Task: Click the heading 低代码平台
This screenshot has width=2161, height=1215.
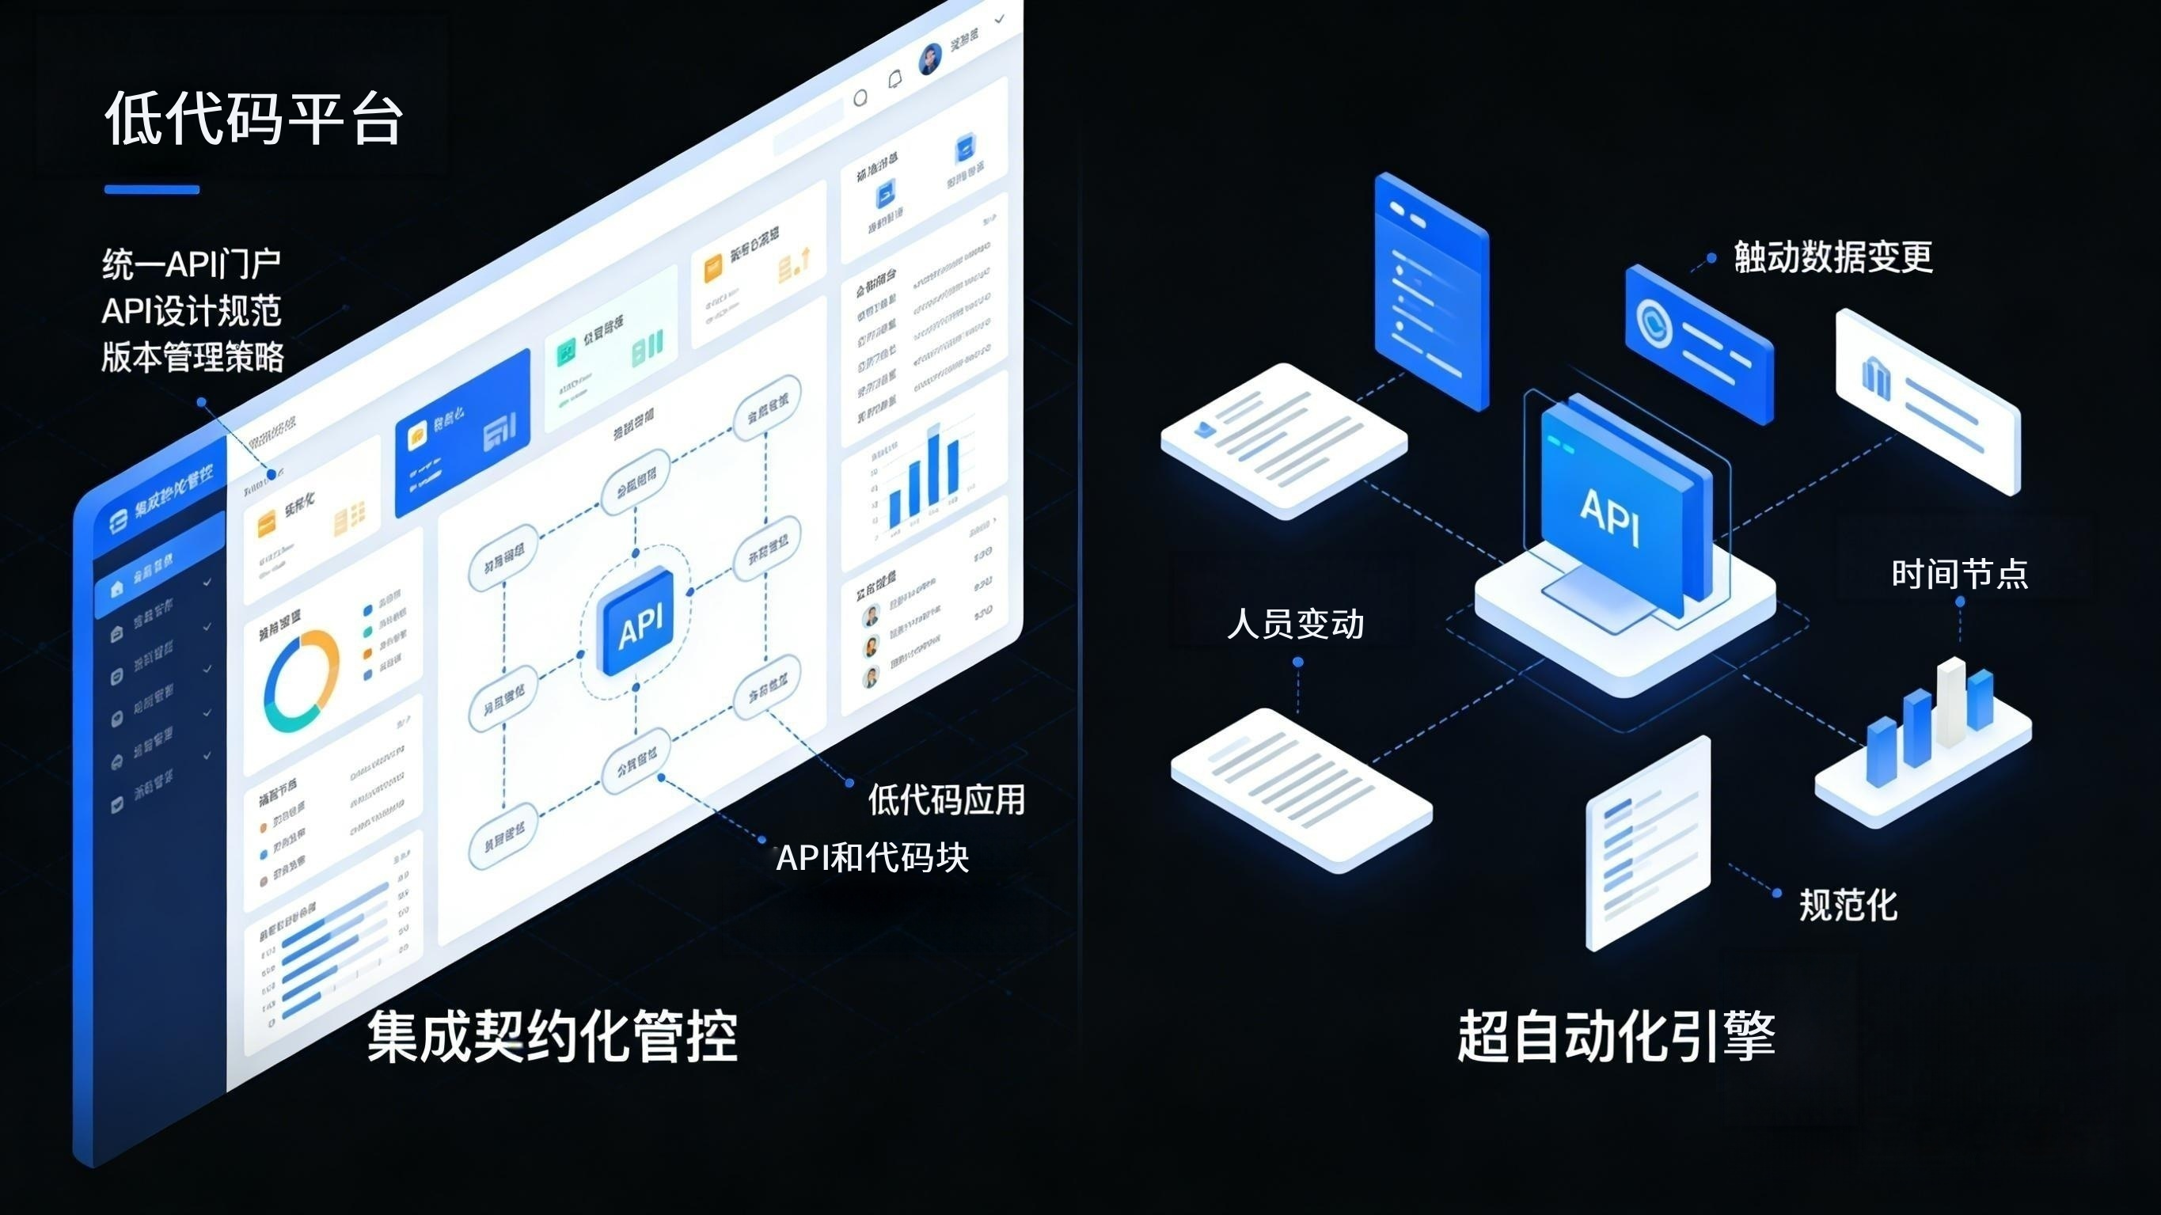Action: click(x=253, y=117)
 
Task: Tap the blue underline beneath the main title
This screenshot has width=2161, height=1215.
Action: click(x=152, y=190)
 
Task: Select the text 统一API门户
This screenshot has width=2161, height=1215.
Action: click(x=192, y=264)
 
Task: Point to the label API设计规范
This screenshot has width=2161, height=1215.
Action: click(x=192, y=311)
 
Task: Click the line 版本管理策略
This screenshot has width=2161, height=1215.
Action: click(x=193, y=358)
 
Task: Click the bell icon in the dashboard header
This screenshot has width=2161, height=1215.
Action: click(x=895, y=80)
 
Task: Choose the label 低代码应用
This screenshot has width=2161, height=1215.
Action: click(x=946, y=799)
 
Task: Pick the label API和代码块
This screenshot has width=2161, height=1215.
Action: click(x=872, y=857)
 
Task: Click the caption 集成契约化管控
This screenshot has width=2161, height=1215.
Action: click(x=552, y=1036)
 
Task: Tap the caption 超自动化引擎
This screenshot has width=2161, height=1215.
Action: click(x=1616, y=1036)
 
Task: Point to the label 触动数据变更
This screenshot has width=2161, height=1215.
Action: click(x=1833, y=256)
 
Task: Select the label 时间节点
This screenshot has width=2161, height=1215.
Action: click(x=1960, y=574)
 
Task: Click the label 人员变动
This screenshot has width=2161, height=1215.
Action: click(x=1295, y=625)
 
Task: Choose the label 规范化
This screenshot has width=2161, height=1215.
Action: click(x=1848, y=905)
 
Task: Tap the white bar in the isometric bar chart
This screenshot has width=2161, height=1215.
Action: click(x=1950, y=701)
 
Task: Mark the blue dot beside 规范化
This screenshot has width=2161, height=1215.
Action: click(x=1776, y=893)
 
